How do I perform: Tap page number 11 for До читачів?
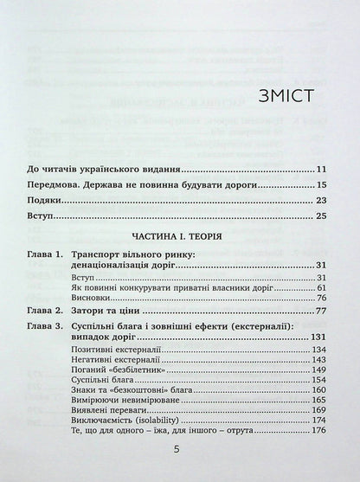320,169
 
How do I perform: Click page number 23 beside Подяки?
320,202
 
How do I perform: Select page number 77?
320,309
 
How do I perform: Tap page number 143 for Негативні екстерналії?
318,360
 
